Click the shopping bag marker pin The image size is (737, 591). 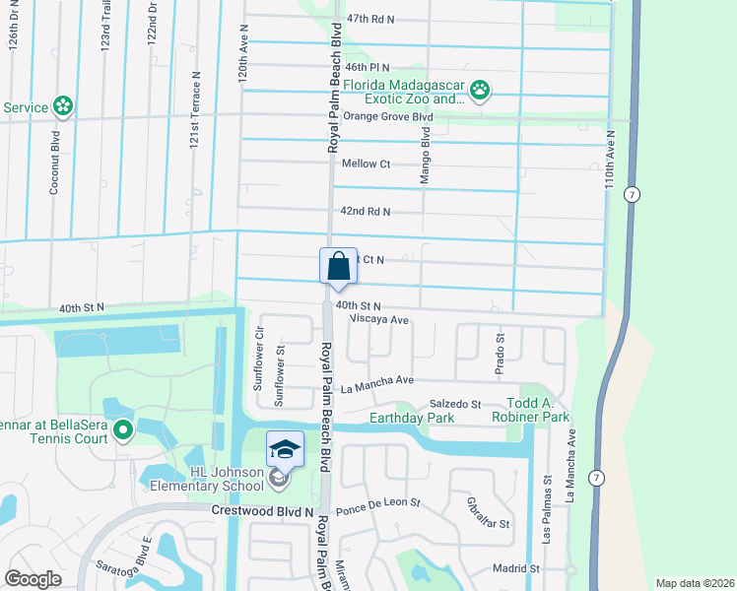tap(337, 267)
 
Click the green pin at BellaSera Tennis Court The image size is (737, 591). tap(122, 429)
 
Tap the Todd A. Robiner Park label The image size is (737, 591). tap(538, 411)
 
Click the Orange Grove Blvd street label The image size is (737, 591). tap(388, 117)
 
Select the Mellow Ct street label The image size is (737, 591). tap(366, 164)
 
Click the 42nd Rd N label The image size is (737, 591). tap(366, 212)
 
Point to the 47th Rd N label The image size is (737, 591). tap(370, 19)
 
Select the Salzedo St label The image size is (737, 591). tap(454, 404)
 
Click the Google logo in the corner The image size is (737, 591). tap(33, 578)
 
